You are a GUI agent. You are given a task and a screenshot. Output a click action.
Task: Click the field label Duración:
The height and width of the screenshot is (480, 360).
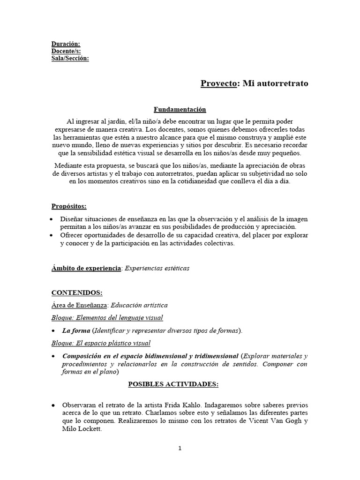pyautogui.click(x=65, y=44)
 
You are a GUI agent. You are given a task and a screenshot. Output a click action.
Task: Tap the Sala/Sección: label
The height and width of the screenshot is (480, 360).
pyautogui.click(x=70, y=58)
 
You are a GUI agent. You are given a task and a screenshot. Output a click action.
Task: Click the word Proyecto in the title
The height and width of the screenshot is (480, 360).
pyautogui.click(x=219, y=83)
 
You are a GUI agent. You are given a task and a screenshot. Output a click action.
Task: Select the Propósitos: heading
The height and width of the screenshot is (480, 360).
pyautogui.click(x=69, y=206)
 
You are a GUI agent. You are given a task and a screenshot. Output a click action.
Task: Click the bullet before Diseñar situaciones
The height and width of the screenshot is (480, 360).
pyautogui.click(x=53, y=219)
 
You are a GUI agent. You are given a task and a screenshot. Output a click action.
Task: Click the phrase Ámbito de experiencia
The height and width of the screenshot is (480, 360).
pyautogui.click(x=86, y=268)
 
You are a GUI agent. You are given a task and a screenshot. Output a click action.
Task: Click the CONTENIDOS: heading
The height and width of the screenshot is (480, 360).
pyautogui.click(x=76, y=292)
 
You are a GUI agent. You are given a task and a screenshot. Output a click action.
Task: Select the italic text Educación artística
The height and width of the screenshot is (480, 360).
pyautogui.click(x=139, y=305)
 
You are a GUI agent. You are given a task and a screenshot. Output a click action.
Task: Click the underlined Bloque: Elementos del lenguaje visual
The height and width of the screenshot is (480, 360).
pyautogui.click(x=107, y=318)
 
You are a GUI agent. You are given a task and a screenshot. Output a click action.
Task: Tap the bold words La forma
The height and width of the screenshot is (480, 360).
pyautogui.click(x=76, y=330)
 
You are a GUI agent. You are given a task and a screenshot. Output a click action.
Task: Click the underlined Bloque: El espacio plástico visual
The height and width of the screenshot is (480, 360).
pyautogui.click(x=100, y=343)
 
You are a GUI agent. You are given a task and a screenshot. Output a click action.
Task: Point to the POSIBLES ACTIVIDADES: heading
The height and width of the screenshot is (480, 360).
pyautogui.click(x=173, y=384)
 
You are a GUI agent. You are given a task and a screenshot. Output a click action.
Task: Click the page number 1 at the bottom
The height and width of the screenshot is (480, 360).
pyautogui.click(x=180, y=448)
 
